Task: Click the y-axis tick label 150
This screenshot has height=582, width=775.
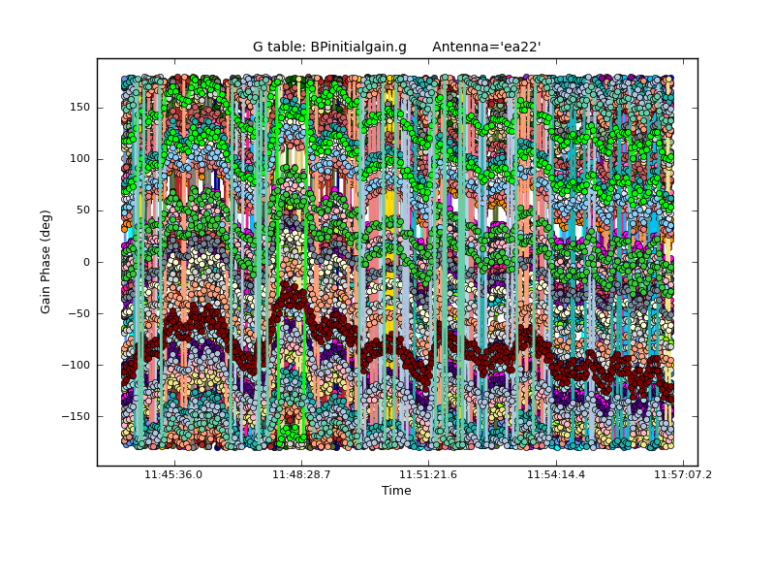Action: [x=79, y=108]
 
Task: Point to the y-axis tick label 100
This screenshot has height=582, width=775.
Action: [x=79, y=159]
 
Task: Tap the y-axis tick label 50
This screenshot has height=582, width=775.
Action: [x=82, y=210]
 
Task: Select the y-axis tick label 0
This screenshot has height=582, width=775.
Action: [x=86, y=262]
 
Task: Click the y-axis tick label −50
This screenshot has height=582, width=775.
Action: [x=79, y=313]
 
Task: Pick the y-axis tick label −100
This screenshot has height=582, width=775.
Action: [x=77, y=365]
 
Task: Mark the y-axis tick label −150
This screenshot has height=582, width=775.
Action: [x=77, y=416]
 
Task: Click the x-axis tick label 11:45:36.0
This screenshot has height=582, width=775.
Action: [x=173, y=474]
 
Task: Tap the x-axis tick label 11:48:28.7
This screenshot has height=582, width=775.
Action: [x=301, y=474]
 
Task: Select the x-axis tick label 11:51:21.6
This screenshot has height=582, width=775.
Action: [x=428, y=474]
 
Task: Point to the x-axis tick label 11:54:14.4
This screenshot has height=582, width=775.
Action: [x=556, y=474]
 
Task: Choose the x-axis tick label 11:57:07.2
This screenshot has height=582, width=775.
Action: [x=682, y=474]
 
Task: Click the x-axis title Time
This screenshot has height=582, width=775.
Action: [x=396, y=491]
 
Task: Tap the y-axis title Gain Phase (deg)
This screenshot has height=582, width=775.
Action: [x=46, y=262]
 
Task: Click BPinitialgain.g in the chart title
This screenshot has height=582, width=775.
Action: [x=358, y=48]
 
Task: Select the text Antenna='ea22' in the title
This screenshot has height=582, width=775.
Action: [x=486, y=48]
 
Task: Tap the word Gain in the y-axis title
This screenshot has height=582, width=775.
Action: [x=46, y=297]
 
